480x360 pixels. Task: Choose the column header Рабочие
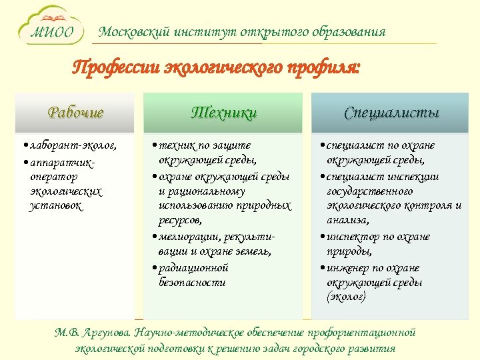(75, 113)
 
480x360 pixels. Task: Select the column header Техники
(223, 113)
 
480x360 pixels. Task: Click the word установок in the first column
(57, 207)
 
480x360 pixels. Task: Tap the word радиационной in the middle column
(193, 267)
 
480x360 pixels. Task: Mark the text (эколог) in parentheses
(346, 297)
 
